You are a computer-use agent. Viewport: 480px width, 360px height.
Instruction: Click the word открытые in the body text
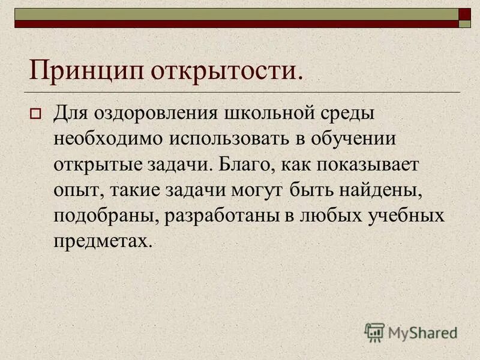99,165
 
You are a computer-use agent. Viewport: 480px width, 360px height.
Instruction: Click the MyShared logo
411,332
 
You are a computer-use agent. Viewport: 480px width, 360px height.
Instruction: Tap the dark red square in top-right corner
465,14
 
